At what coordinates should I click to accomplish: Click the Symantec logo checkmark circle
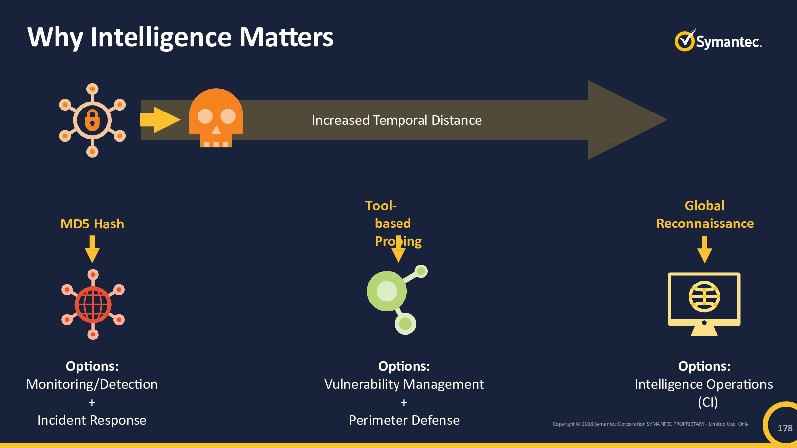click(x=684, y=42)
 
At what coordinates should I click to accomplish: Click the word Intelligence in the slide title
click(x=161, y=38)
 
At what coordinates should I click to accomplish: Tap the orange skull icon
click(x=216, y=117)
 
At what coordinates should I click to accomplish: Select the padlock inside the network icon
click(x=92, y=120)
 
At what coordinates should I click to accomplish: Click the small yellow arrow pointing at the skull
click(x=160, y=120)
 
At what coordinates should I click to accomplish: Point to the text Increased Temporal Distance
click(x=397, y=120)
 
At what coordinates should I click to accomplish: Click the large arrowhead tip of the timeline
click(x=667, y=120)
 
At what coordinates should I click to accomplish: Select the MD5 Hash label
click(x=92, y=224)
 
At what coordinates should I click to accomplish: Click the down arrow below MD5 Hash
click(x=92, y=249)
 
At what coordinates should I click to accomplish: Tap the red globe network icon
click(x=93, y=304)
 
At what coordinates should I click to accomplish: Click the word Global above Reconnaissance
click(x=704, y=206)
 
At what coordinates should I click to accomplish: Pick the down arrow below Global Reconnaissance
click(x=704, y=249)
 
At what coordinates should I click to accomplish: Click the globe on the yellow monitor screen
click(x=704, y=296)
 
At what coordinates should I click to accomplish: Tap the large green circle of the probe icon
click(x=387, y=291)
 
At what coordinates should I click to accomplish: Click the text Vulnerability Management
click(x=404, y=384)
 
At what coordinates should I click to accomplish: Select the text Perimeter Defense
click(x=404, y=420)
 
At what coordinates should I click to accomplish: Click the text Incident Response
click(x=92, y=420)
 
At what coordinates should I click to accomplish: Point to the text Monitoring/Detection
click(x=92, y=384)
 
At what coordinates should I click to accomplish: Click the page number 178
click(x=785, y=428)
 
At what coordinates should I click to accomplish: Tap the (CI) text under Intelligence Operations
click(x=708, y=402)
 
